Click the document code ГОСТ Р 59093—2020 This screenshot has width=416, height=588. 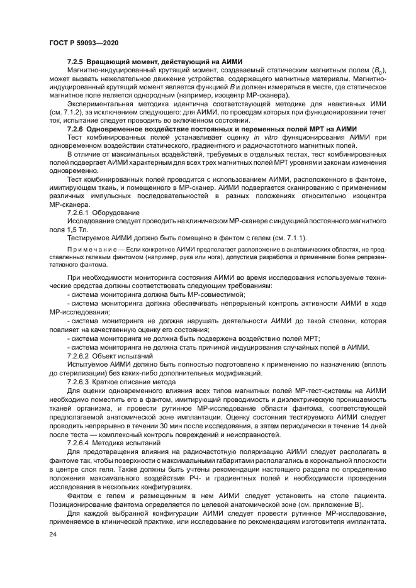84,42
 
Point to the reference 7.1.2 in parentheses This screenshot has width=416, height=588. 67,112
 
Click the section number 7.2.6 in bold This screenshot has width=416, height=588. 76,128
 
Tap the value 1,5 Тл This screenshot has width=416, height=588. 77,231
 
